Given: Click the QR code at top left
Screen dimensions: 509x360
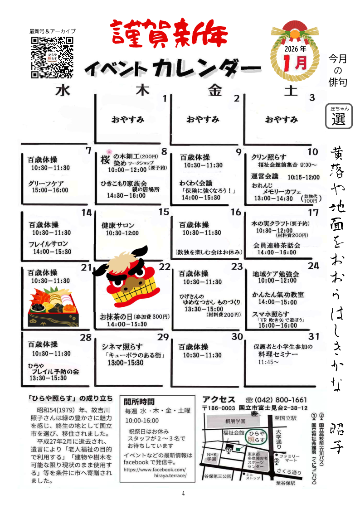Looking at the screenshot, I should pyautogui.click(x=52, y=56).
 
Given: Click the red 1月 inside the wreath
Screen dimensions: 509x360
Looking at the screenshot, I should pyautogui.click(x=295, y=62).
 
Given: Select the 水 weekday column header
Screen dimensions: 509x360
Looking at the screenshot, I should pyautogui.click(x=64, y=90).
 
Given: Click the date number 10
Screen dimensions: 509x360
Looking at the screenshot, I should pyautogui.click(x=312, y=152).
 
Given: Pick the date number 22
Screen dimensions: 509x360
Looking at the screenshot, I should pyautogui.click(x=164, y=267).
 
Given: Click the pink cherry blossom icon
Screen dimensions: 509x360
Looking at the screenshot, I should pyautogui.click(x=109, y=152).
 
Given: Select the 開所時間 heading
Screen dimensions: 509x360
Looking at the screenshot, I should pyautogui.click(x=140, y=402).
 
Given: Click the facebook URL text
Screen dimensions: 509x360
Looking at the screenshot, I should pyautogui.click(x=155, y=473).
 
